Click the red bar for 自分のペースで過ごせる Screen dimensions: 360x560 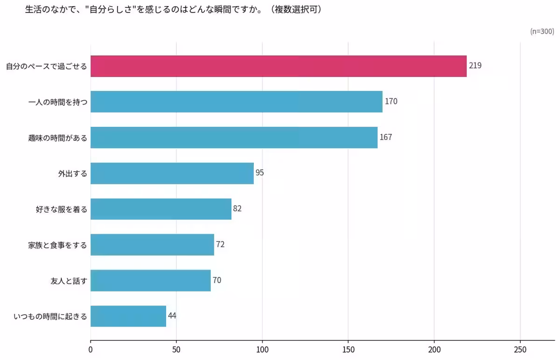[x=278, y=66]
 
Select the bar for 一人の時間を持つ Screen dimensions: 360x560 [x=236, y=102]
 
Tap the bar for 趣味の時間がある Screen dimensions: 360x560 [x=234, y=138]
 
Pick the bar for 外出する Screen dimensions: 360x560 [x=172, y=173]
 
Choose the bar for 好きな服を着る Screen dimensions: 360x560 [x=161, y=209]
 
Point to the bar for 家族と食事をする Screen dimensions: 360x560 [x=152, y=245]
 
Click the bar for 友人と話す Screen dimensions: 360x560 [x=150, y=280]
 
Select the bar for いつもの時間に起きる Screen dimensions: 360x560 [x=128, y=316]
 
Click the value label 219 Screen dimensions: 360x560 [x=475, y=66]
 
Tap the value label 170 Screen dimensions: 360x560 [x=391, y=101]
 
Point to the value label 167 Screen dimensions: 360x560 [x=386, y=137]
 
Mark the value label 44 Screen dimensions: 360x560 [x=172, y=316]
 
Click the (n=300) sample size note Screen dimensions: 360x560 [x=542, y=31]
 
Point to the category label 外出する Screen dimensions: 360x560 [x=72, y=174]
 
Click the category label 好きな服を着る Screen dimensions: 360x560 [x=61, y=209]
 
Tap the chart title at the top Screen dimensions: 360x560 [x=173, y=9]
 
